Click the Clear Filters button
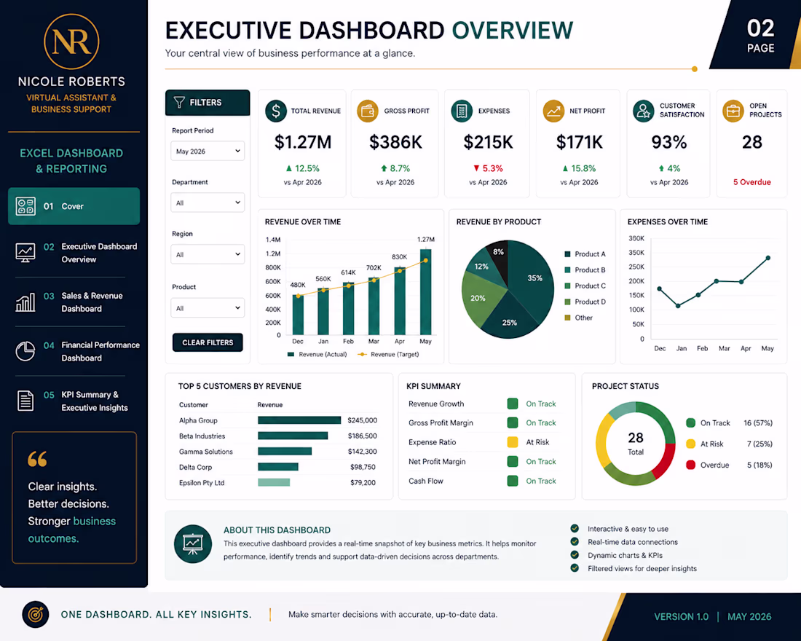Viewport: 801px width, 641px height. [208, 342]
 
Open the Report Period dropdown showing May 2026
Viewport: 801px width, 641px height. [208, 152]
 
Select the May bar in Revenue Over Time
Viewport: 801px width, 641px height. [425, 292]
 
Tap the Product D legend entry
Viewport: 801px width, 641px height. [585, 302]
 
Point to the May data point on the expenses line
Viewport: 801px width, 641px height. [768, 258]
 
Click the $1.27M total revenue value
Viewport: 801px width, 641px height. [303, 142]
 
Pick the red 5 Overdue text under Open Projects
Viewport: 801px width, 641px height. [752, 182]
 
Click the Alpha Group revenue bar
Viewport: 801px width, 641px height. [299, 420]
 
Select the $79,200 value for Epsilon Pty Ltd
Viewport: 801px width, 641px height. [363, 482]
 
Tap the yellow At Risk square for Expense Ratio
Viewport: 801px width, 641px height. [513, 442]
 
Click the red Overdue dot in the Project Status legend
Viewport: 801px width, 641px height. [690, 465]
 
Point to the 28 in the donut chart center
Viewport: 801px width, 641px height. [636, 438]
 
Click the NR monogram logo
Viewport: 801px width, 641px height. [71, 42]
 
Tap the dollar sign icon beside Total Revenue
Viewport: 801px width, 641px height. [276, 111]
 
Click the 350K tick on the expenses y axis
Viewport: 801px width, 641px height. [636, 253]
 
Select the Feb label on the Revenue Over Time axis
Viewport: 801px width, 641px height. [348, 341]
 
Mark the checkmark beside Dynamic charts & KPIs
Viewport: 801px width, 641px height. [575, 554]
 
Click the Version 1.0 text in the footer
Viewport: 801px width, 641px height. [681, 616]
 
